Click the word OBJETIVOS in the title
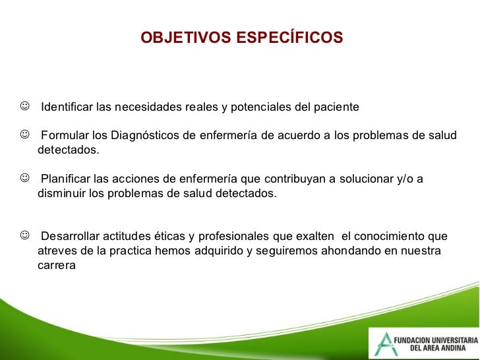(x=186, y=38)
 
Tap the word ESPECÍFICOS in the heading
(x=289, y=37)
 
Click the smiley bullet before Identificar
(x=25, y=106)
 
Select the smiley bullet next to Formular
(x=25, y=134)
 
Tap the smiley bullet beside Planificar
(x=25, y=177)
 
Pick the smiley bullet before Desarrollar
(x=25, y=235)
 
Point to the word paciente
(x=336, y=107)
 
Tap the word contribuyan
(x=295, y=179)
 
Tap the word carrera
(x=57, y=266)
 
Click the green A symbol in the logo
(x=384, y=344)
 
